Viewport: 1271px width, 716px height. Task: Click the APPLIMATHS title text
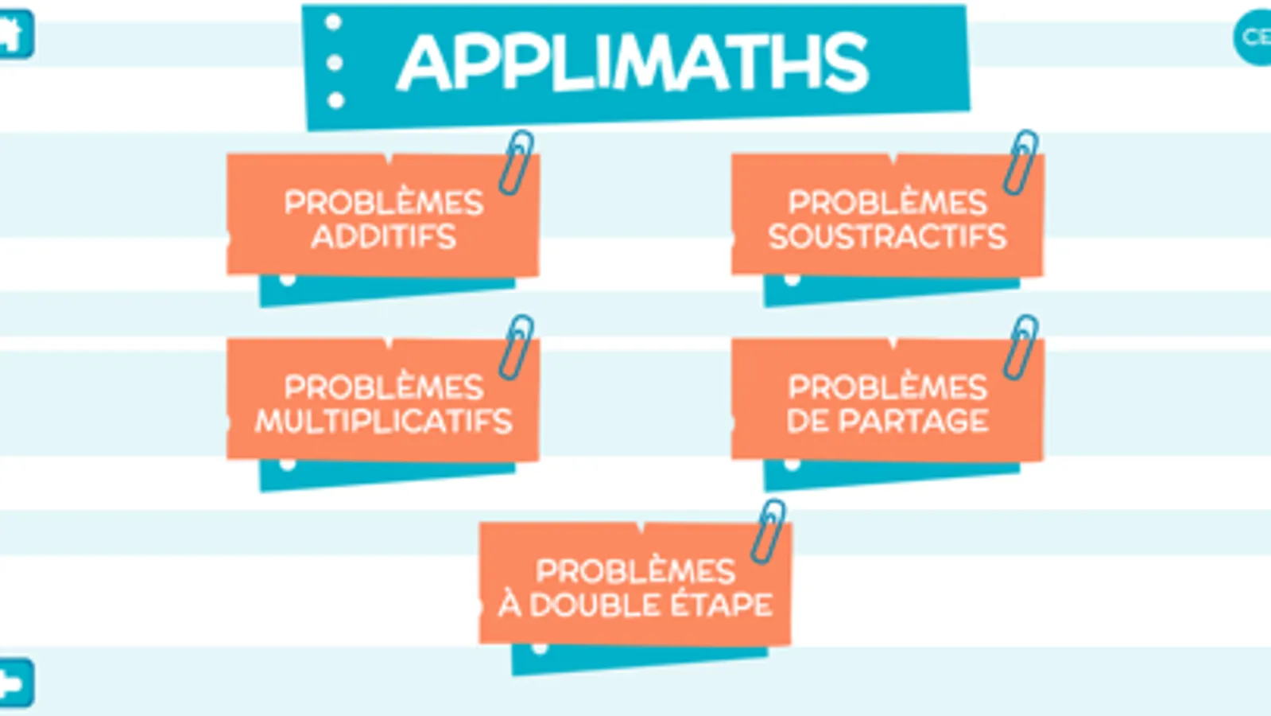(633, 63)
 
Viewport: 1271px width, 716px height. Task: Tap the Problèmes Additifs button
(383, 216)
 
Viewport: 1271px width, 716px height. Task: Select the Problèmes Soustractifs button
(887, 216)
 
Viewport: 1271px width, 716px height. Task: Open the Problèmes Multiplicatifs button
(383, 401)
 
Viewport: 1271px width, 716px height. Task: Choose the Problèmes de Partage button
(887, 401)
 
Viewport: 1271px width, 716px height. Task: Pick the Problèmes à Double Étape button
(635, 586)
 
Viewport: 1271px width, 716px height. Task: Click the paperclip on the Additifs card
(517, 162)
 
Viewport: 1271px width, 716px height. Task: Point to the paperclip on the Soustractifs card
(1021, 162)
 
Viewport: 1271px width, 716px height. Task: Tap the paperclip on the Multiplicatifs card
(517, 347)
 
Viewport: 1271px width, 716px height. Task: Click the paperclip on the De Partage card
(1021, 347)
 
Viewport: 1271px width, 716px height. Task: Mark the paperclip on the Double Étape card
(769, 531)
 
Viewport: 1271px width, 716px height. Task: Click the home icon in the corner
(14, 34)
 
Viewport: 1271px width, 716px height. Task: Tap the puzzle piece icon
(14, 683)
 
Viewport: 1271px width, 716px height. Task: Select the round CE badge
(1254, 37)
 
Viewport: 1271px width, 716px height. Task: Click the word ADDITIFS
(383, 236)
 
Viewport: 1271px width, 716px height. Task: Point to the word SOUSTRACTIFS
(887, 236)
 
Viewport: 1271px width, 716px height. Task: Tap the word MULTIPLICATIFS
(383, 421)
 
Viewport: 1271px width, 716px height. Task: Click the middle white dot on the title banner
(335, 62)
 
